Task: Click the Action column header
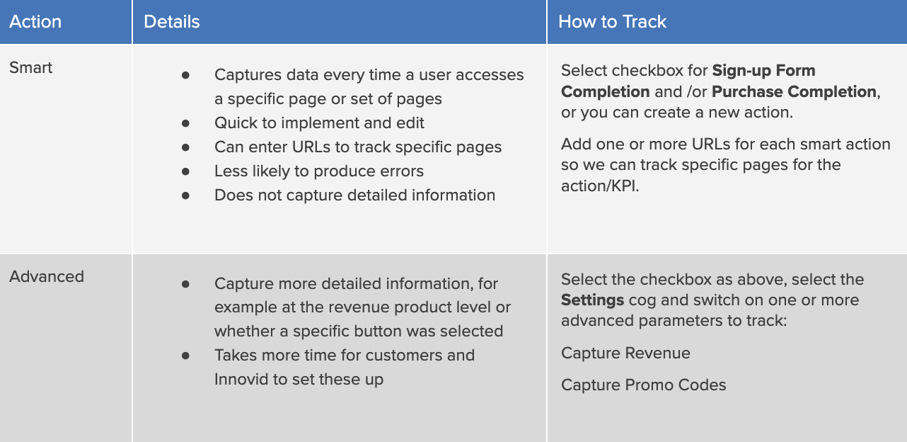[35, 22]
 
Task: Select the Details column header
[172, 22]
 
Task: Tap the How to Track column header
[612, 22]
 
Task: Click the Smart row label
[31, 68]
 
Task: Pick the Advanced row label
[47, 276]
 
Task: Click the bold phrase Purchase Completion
[794, 91]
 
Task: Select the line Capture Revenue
[625, 353]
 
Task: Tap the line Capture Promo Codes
[643, 385]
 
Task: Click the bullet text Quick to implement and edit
[319, 123]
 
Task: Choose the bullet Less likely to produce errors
[319, 171]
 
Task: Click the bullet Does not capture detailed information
[354, 195]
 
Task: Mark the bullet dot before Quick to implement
[186, 123]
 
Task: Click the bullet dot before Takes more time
[186, 356]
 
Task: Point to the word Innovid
[241, 379]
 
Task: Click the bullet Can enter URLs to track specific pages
[358, 147]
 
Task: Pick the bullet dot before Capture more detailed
[186, 284]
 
